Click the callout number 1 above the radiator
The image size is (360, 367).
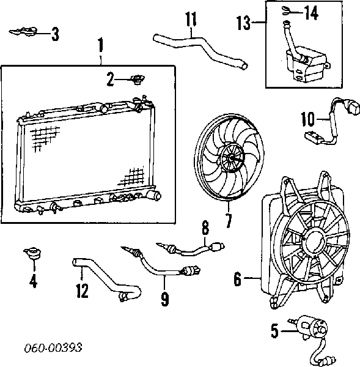point(101,45)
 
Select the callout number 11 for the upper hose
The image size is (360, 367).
point(191,19)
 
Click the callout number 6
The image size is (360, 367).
point(237,281)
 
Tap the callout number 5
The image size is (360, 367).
point(275,332)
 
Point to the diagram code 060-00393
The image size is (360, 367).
point(54,348)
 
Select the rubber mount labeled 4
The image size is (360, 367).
point(32,255)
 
